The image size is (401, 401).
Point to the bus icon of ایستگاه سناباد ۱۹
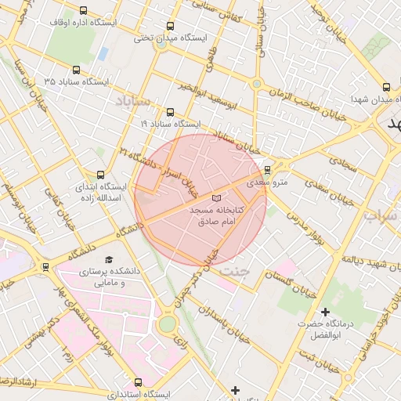[x=171, y=112]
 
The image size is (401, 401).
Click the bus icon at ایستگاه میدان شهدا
[x=385, y=88]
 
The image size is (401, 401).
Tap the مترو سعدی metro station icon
[x=267, y=169]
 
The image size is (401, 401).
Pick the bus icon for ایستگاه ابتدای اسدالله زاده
[x=99, y=175]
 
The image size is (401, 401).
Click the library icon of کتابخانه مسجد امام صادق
[x=217, y=199]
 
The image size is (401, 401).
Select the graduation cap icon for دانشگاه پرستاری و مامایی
[x=109, y=258]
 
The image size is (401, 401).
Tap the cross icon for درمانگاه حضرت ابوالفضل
[x=325, y=312]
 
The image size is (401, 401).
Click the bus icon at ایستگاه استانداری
[x=138, y=382]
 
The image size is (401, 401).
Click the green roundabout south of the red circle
[x=167, y=323]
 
